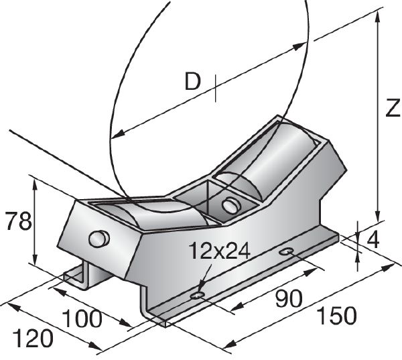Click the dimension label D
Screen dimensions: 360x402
click(193, 82)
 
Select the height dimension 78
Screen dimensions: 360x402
click(16, 221)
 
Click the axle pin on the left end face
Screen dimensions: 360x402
click(98, 238)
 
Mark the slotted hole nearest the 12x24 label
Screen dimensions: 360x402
click(197, 295)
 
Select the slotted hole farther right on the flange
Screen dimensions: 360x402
click(287, 251)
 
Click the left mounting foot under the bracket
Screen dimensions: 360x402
click(79, 276)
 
